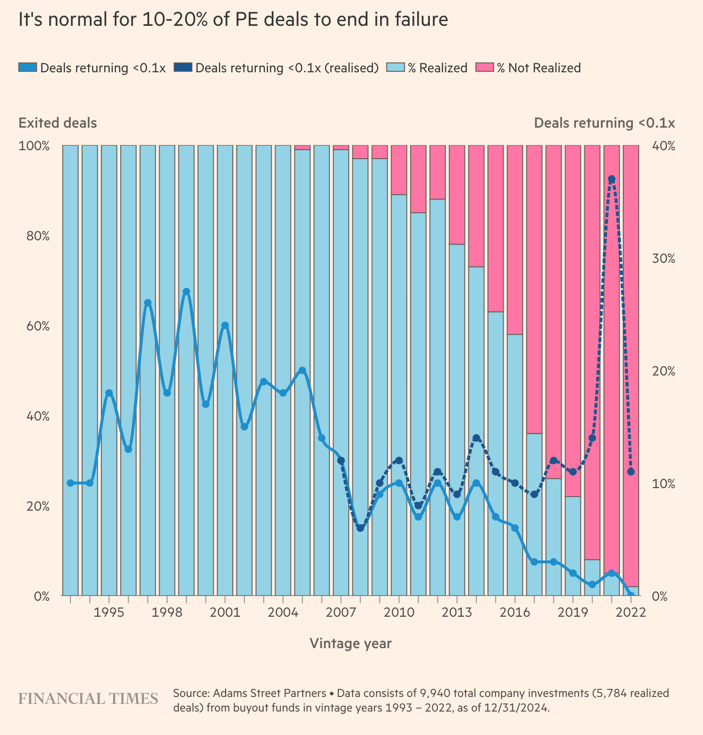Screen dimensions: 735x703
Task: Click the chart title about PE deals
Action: click(233, 20)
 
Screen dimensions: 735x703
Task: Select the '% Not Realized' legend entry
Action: click(528, 68)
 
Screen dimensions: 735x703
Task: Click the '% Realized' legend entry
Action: click(428, 68)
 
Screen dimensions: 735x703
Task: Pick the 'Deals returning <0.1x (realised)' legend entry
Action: click(276, 68)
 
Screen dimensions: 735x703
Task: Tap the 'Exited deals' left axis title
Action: click(58, 123)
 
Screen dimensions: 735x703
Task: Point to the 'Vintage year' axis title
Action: click(351, 643)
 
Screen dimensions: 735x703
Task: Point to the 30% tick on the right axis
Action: click(664, 259)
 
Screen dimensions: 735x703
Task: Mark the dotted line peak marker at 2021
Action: click(611, 179)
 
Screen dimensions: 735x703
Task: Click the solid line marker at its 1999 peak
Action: click(186, 292)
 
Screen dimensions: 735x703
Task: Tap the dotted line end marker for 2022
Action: click(631, 472)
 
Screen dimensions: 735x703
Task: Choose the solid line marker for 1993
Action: click(70, 483)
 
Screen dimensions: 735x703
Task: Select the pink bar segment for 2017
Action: click(534, 289)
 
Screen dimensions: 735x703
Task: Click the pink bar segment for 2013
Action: click(457, 194)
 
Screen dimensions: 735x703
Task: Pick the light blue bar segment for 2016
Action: click(515, 465)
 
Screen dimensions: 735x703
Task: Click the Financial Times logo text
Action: click(88, 699)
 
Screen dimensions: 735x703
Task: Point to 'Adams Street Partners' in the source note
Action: click(269, 693)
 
